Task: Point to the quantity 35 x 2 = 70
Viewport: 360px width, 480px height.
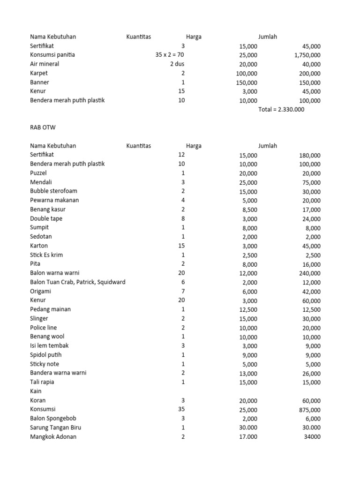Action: pos(170,55)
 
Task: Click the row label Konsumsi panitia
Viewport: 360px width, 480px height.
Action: pos(52,55)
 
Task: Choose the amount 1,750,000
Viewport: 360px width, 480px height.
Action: pos(304,55)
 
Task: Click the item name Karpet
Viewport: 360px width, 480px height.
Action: pos(39,73)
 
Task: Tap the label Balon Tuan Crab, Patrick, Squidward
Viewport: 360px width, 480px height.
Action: pos(77,282)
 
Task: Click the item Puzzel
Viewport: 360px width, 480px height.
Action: pos(38,173)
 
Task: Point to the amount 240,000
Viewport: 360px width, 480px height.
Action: pos(309,273)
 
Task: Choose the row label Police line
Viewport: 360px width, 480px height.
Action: pos(43,328)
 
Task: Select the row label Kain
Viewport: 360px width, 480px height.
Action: pos(36,391)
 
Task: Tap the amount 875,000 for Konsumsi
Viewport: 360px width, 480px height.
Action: pos(309,410)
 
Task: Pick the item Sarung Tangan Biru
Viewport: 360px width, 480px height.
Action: pos(55,427)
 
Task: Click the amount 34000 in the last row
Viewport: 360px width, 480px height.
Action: pos(311,437)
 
